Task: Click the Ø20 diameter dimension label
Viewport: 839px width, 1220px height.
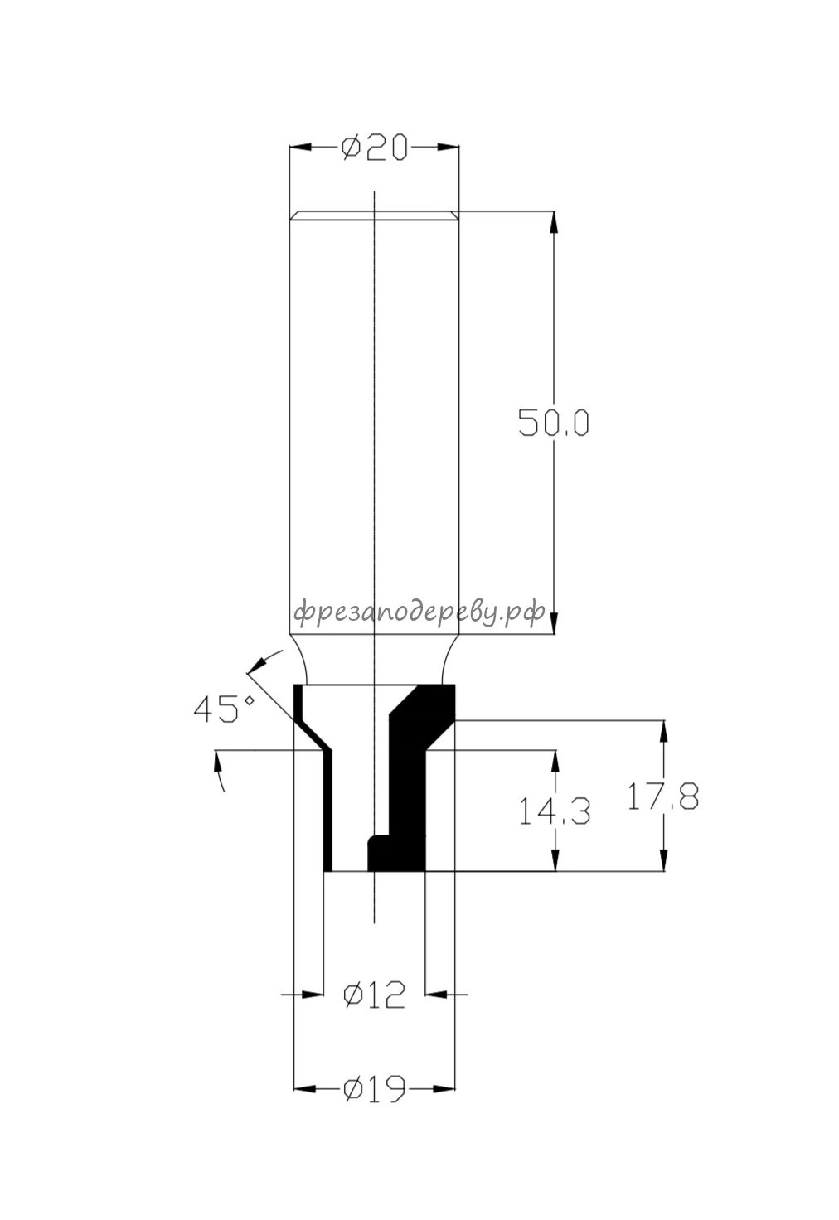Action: (x=374, y=148)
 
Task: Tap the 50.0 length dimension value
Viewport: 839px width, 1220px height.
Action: (x=554, y=423)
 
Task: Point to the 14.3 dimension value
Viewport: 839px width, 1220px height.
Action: (x=555, y=811)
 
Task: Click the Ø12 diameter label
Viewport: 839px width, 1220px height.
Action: (x=375, y=995)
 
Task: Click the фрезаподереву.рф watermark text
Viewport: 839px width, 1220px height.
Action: (x=419, y=612)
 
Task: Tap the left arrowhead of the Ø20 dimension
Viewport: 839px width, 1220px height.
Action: (x=300, y=147)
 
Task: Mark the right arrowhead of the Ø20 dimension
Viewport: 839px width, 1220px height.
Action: (x=448, y=147)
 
